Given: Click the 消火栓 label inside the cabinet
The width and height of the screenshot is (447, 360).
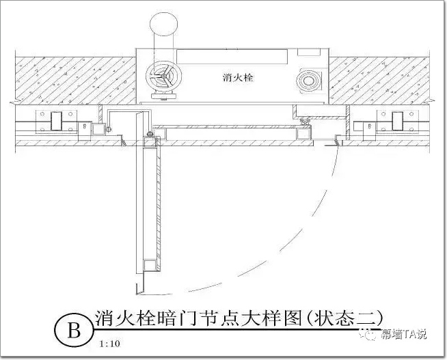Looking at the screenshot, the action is [238, 77].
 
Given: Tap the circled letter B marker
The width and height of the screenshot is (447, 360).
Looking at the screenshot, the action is [74, 331].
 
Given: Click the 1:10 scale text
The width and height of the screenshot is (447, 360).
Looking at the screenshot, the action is [110, 344].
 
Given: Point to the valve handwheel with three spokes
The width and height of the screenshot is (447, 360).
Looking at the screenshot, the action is [164, 76].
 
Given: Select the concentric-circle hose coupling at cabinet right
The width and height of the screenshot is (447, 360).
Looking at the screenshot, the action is [308, 81].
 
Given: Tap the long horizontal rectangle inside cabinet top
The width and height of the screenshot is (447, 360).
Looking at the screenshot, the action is [232, 57].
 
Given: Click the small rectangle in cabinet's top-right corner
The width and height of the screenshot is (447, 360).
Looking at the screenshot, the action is [309, 52].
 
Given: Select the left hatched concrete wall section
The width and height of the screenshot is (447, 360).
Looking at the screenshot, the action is [75, 81].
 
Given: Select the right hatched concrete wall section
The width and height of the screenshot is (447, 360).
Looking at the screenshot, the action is [379, 81].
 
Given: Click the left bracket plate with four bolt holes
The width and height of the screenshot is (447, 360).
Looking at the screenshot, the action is [56, 122].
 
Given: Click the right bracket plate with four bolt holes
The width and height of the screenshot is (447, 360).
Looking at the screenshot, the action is [397, 122].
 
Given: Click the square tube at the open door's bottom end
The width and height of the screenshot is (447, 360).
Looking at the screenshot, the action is [150, 265].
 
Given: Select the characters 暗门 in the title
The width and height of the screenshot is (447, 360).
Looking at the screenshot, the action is [179, 318].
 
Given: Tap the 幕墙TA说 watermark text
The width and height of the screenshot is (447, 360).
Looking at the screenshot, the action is [404, 334].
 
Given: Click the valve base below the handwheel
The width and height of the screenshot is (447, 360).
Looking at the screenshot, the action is [163, 96].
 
